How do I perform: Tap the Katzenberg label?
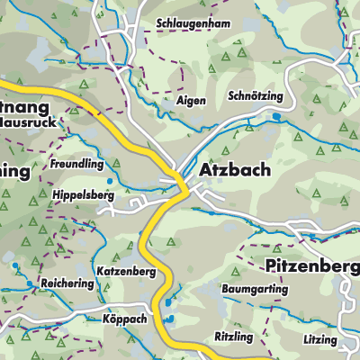tap(127, 270)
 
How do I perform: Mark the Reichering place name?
tap(67, 283)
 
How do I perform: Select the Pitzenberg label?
tap(312, 265)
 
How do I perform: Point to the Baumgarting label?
tap(255, 290)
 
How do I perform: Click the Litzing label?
tap(320, 340)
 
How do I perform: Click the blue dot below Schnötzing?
tap(276, 116)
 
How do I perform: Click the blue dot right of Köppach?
tap(167, 318)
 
